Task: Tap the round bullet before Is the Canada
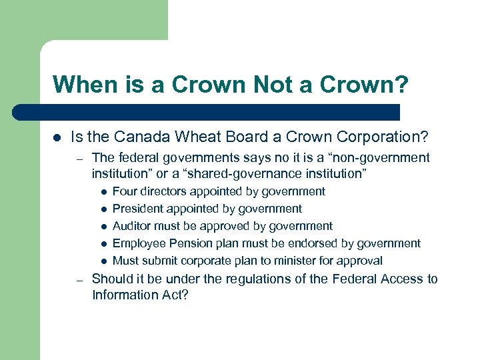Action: pyautogui.click(x=57, y=138)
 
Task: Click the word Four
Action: pyautogui.click(x=125, y=191)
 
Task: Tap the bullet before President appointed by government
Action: pyautogui.click(x=105, y=209)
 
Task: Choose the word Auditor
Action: pyautogui.click(x=132, y=226)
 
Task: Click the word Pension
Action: pyautogui.click(x=189, y=243)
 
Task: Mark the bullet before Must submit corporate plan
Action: pyautogui.click(x=105, y=261)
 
